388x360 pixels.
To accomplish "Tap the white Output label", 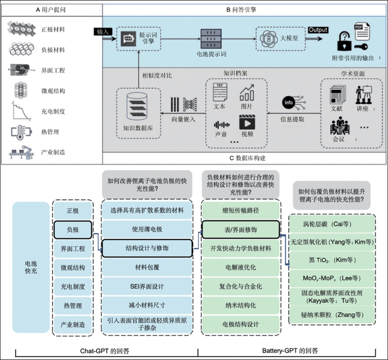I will click(x=318, y=30).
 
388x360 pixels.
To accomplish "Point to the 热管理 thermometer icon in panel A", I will click(x=19, y=132).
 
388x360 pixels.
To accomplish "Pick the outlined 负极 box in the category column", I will click(x=75, y=228).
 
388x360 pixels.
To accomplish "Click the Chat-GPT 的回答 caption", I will click(x=105, y=351).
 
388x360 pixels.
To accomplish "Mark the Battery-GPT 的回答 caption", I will click(x=290, y=351).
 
